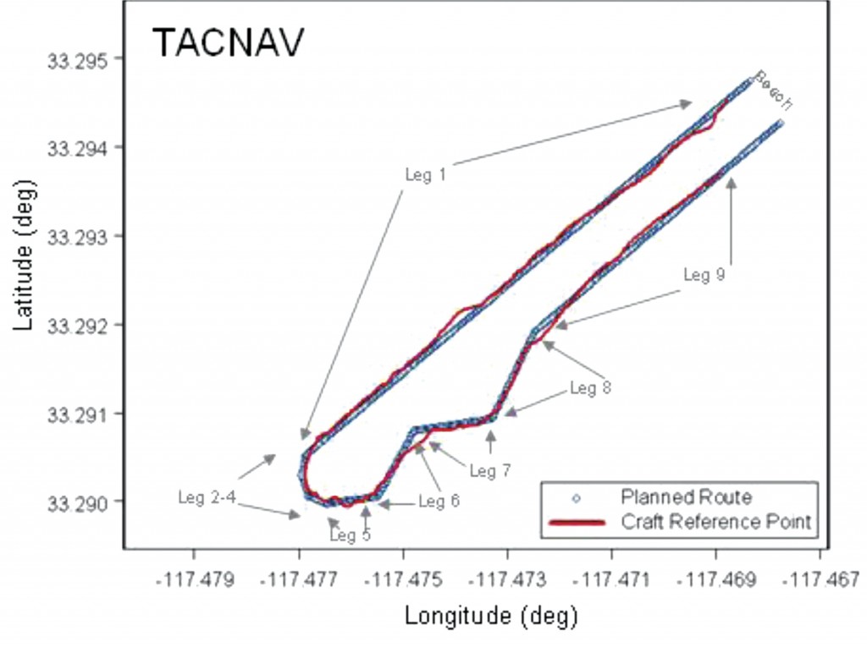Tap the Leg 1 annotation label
point(425,174)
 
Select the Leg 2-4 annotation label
point(207,497)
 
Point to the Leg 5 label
point(350,535)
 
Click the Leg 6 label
point(439,502)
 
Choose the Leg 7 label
point(490,470)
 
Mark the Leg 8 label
point(590,388)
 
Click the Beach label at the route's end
point(773,90)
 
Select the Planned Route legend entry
point(686,496)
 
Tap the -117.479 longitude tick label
point(194,582)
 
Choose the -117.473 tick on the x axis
point(507,582)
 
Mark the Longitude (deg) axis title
point(491,615)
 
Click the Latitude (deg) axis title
point(25,272)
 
